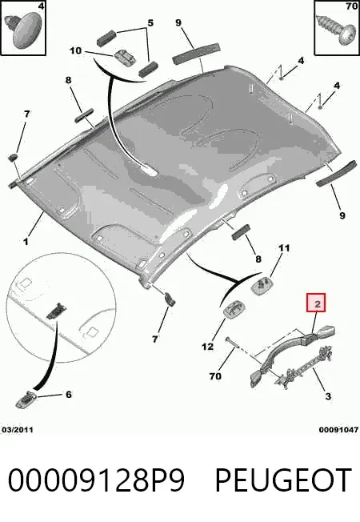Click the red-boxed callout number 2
pyautogui.click(x=318, y=303)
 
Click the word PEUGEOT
pyautogui.click(x=284, y=480)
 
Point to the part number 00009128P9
pyautogui.click(x=96, y=480)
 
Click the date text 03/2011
pyautogui.click(x=18, y=430)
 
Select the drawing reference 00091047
pyautogui.click(x=338, y=430)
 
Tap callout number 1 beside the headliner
pyautogui.click(x=26, y=241)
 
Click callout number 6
pyautogui.click(x=68, y=395)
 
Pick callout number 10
pyautogui.click(x=75, y=50)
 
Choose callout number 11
pyautogui.click(x=284, y=248)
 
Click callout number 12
pyautogui.click(x=207, y=347)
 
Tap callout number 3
pyautogui.click(x=328, y=396)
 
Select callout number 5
pyautogui.click(x=150, y=23)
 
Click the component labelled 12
pyautogui.click(x=233, y=311)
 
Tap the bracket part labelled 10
pyautogui.click(x=125, y=58)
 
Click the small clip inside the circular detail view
pyautogui.click(x=55, y=311)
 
